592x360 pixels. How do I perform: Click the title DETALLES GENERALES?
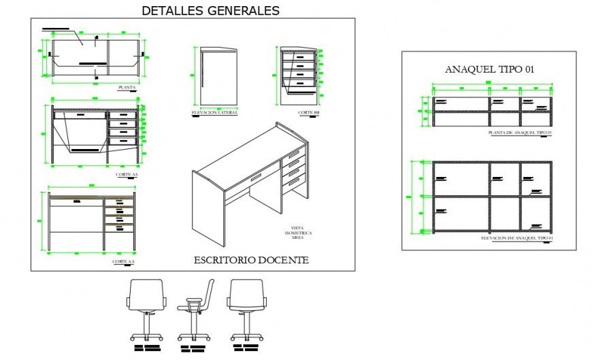tap(210, 10)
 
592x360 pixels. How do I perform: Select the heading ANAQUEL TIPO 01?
tap(489, 69)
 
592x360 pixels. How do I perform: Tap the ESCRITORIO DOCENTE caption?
tap(251, 260)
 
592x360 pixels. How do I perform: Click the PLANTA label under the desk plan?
tap(127, 87)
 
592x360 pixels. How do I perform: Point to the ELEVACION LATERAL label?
tap(214, 112)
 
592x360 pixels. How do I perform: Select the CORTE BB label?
tap(308, 112)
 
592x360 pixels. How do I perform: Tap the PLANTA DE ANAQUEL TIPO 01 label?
tap(520, 133)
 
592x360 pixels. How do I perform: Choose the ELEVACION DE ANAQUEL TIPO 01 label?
tap(516, 238)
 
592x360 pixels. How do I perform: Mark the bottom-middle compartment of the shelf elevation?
tap(504, 213)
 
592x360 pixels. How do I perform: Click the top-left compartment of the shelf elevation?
tap(459, 179)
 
